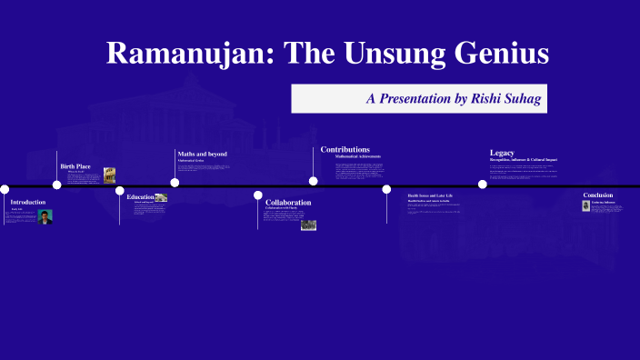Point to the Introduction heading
(x=27, y=202)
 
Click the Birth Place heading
(x=75, y=166)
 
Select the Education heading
(x=140, y=196)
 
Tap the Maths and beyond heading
(x=202, y=154)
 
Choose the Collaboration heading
(x=288, y=202)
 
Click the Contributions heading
(x=345, y=149)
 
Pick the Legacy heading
(x=502, y=153)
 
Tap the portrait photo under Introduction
(x=45, y=216)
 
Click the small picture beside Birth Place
(x=109, y=175)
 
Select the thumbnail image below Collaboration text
(x=308, y=225)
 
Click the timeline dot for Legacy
(x=483, y=184)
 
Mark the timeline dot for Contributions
(x=314, y=181)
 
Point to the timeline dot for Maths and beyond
(x=175, y=182)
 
